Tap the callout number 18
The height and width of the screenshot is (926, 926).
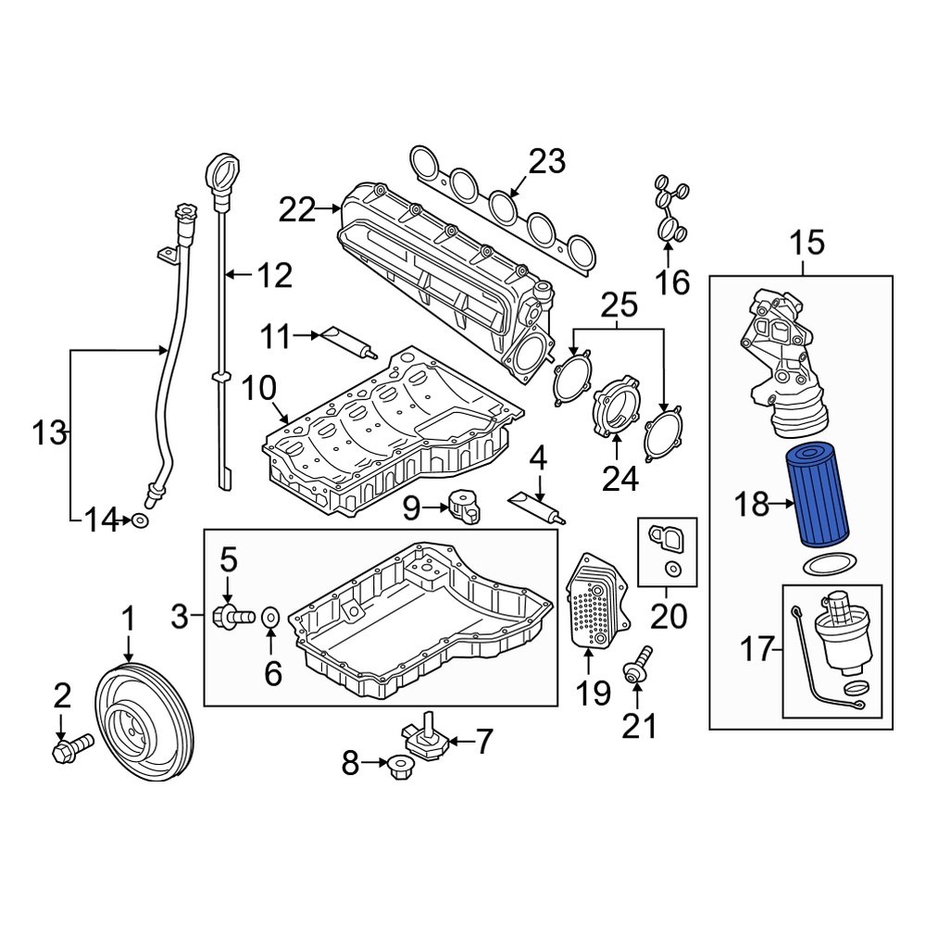[752, 505]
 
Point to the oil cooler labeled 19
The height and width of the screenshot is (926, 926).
[593, 600]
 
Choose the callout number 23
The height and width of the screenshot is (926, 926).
[546, 161]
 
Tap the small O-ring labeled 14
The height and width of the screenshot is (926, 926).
[140, 522]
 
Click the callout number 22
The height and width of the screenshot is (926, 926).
[297, 211]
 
